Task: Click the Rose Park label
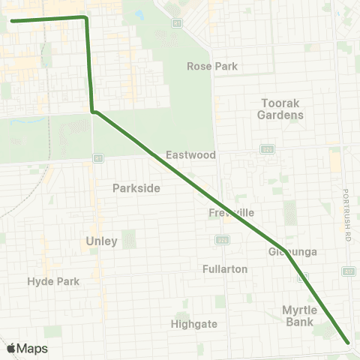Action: click(x=212, y=66)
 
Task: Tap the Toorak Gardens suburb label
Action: click(x=280, y=109)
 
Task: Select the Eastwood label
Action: click(x=190, y=154)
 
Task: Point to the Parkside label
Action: click(x=136, y=188)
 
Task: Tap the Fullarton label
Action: click(x=225, y=268)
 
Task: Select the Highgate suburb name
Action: click(x=193, y=324)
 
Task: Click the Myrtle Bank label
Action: click(x=300, y=315)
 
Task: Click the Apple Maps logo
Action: click(x=27, y=348)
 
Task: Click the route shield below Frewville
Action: click(x=223, y=239)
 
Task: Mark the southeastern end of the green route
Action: click(x=349, y=343)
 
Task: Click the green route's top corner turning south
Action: click(x=85, y=17)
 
